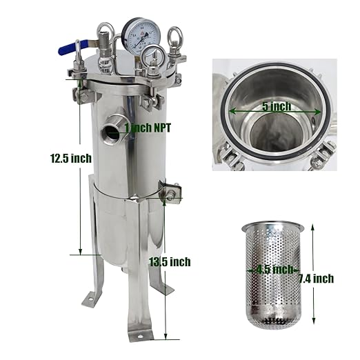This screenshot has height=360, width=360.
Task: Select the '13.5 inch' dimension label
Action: tap(169, 261)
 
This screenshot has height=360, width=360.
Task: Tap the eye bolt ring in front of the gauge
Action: tap(154, 58)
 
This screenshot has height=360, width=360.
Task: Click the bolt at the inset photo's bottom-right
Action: tap(318, 162)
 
